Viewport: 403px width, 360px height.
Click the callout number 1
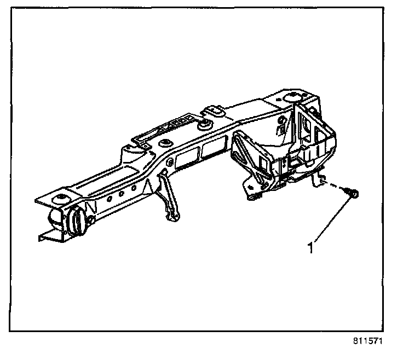tap(310, 248)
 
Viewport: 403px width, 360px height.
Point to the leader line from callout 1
tap(331, 221)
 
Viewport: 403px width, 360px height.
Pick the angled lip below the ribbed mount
tap(52, 236)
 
